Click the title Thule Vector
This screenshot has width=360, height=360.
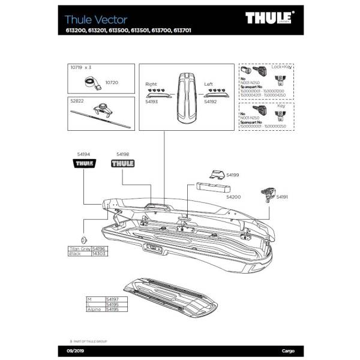point(96,20)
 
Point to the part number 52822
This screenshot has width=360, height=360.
point(77,101)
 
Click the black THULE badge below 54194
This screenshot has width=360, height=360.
point(83,163)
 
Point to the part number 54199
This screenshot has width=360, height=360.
point(232,176)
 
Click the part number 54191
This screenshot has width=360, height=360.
point(282,196)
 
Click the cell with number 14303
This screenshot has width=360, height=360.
point(98,254)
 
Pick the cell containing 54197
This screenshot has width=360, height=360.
point(112,299)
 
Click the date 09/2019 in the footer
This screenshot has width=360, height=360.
point(66,350)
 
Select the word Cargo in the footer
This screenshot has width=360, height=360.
point(288,350)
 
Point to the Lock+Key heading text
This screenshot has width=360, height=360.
point(281,67)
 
